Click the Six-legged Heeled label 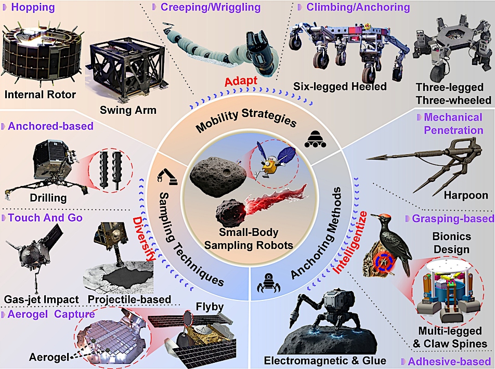[x=340, y=86]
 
